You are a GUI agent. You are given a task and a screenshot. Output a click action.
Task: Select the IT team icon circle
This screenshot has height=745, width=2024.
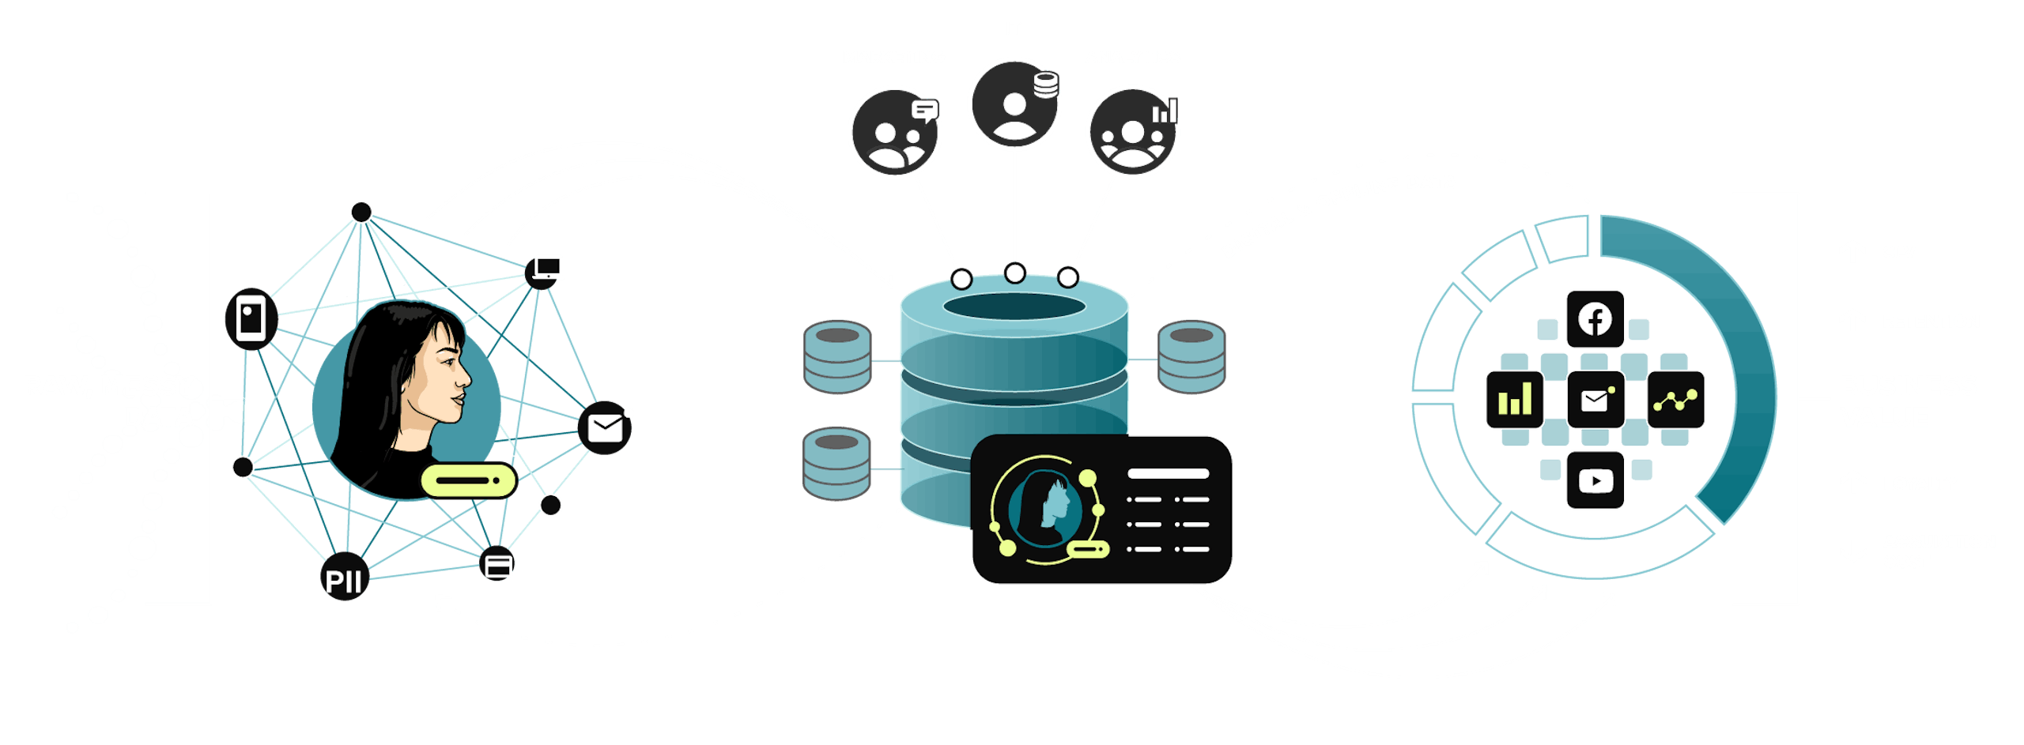click(1014, 103)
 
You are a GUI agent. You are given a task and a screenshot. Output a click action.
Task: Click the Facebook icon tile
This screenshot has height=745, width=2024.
click(1595, 319)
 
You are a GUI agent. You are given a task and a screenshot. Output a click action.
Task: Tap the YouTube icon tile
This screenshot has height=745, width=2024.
click(1595, 480)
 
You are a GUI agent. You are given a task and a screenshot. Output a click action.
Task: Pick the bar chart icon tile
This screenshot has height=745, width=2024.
click(1514, 400)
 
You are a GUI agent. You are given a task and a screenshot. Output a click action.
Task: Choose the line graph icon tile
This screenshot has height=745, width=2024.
click(1675, 400)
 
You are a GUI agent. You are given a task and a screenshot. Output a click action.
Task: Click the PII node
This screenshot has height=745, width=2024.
click(344, 579)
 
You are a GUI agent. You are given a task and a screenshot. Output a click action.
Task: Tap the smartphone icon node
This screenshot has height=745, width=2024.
click(251, 318)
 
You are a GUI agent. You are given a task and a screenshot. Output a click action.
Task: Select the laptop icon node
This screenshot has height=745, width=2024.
click(546, 270)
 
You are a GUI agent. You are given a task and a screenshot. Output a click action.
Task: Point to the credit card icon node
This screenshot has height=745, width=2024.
click(498, 564)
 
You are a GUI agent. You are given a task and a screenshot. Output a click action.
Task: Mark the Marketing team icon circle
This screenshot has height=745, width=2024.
click(894, 133)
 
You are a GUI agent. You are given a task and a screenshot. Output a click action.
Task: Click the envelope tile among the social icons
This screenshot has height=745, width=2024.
click(1595, 400)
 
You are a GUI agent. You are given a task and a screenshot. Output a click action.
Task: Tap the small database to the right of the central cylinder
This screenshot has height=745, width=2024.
click(1191, 356)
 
